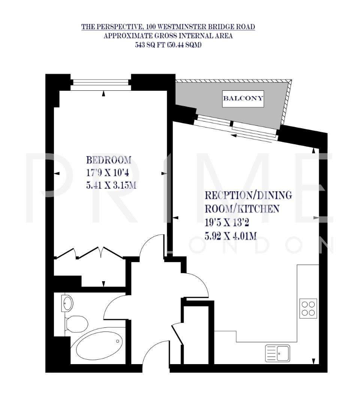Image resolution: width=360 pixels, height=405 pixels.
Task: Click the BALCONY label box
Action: coord(243,99)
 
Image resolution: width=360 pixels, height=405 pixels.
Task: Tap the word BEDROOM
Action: coord(109,160)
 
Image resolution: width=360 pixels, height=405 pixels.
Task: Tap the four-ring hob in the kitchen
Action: coord(308,308)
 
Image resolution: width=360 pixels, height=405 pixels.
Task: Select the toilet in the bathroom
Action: coord(76,324)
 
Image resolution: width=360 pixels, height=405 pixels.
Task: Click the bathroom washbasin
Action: coord(67,303)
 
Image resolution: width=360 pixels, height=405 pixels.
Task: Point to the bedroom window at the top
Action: coord(100,82)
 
